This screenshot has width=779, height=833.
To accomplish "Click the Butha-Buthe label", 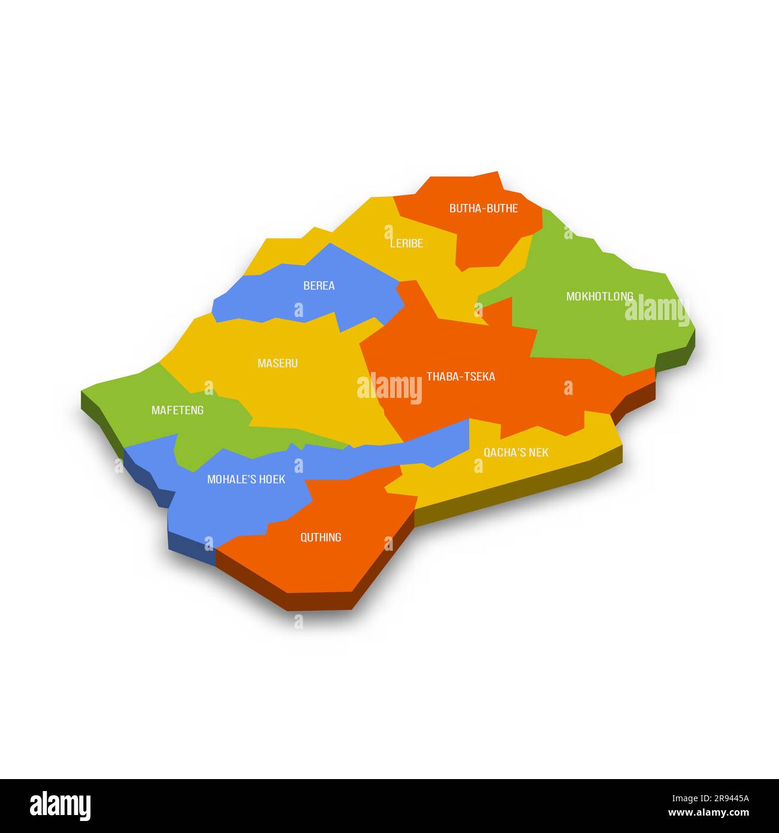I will (x=484, y=209).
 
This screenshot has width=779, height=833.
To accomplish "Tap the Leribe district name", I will (x=406, y=243).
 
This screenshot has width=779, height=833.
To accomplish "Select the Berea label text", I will (x=319, y=286).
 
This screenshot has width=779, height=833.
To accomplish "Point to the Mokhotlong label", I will (x=599, y=296).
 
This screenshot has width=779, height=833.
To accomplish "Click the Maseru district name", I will (x=277, y=363).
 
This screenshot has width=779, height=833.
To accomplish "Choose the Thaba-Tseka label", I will (x=461, y=376).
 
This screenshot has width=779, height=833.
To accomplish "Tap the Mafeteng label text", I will (x=177, y=411).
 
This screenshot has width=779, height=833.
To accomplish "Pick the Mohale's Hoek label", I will (x=246, y=479).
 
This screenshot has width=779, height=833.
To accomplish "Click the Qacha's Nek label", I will (x=516, y=452).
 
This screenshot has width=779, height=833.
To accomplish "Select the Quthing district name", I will (x=321, y=537).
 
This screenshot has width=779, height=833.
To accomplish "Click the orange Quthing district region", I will (x=336, y=563).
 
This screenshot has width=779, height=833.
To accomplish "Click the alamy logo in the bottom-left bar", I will (x=61, y=805).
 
